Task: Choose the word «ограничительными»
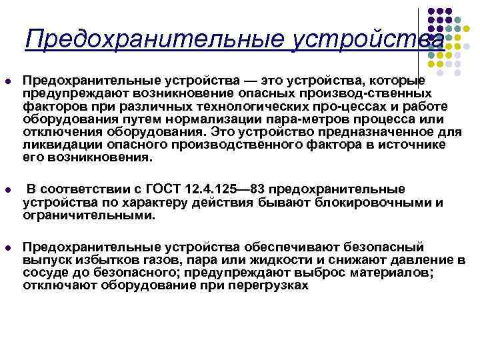pos(88,215)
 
